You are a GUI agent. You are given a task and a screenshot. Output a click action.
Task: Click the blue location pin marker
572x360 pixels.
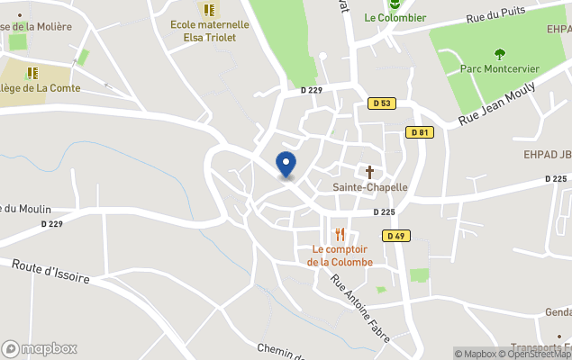pyautogui.click(x=286, y=165)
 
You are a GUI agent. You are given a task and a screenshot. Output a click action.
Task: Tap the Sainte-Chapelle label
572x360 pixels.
pyautogui.click(x=370, y=187)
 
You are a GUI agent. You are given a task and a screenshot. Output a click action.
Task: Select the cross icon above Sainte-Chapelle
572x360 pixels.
pyautogui.click(x=369, y=171)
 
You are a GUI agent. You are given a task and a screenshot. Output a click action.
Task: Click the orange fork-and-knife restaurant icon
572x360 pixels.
pyautogui.click(x=340, y=234)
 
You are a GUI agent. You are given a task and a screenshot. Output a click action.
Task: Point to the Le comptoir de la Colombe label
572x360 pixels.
pyautogui.click(x=340, y=256)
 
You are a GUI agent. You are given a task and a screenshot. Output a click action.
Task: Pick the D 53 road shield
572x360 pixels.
pyautogui.click(x=382, y=103)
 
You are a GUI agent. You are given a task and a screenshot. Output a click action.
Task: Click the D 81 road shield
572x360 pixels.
pyautogui.click(x=419, y=132)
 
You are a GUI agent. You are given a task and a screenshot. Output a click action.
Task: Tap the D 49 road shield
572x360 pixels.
pyautogui.click(x=395, y=236)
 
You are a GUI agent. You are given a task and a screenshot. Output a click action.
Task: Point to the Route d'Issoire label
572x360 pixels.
pyautogui.click(x=50, y=271)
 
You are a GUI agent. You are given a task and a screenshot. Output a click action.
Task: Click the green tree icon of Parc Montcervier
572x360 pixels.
pyautogui.click(x=500, y=54)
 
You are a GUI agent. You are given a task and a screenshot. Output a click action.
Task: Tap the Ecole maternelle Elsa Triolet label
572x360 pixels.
pyautogui.click(x=209, y=31)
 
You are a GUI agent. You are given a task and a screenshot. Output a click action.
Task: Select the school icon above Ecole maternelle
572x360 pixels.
pyautogui.click(x=209, y=10)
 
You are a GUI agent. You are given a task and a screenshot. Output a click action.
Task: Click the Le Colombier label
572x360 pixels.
pyautogui.click(x=395, y=17)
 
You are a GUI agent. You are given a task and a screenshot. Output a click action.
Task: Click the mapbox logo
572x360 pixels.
pyautogui.click(x=40, y=348)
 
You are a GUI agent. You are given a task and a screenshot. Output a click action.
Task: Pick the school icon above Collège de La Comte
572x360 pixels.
pyautogui.click(x=32, y=73)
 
